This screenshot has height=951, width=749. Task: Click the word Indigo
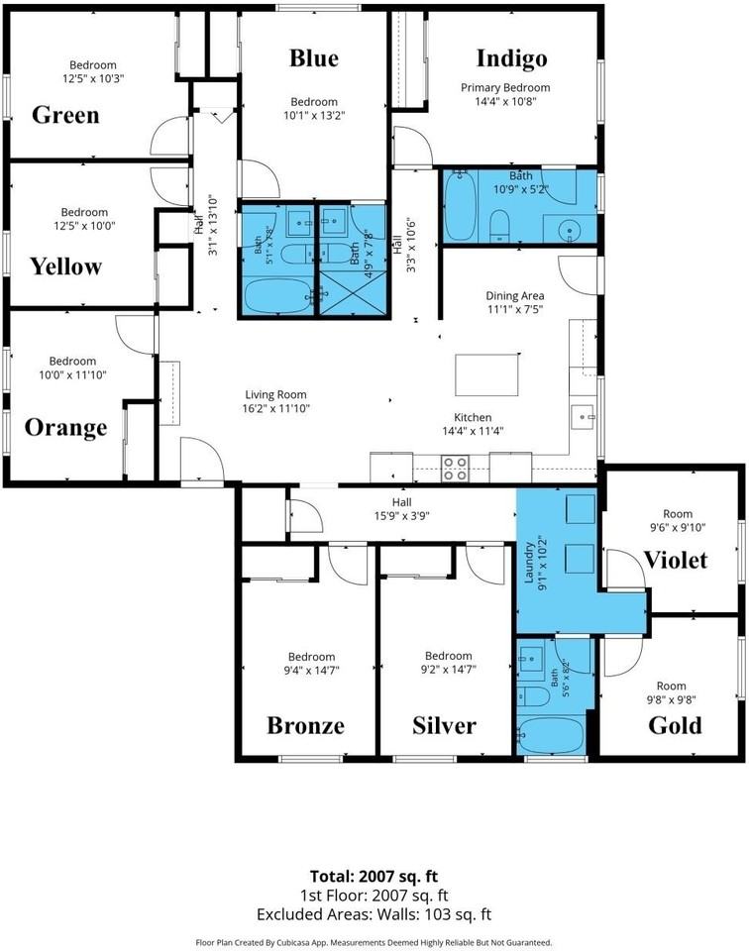pos(512,58)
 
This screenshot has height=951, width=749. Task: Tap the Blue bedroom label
pos(314,58)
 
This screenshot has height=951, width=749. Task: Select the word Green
pos(65,115)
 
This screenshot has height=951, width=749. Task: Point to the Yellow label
pos(66,266)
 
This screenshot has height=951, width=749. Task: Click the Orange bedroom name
pos(66,428)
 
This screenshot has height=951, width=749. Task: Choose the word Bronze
pos(306,725)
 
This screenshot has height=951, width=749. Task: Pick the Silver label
pos(445,725)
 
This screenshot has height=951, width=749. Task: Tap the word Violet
pos(676,560)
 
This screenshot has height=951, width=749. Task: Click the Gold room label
pos(675,725)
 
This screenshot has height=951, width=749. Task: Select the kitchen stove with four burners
pos(455,469)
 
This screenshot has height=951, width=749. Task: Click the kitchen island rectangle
pos(487,373)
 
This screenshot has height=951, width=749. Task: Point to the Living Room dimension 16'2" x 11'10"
pos(276,408)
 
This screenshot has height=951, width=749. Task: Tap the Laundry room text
pos(529,563)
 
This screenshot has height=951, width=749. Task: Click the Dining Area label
pos(515,296)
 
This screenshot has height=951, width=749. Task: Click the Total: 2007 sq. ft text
pos(374,877)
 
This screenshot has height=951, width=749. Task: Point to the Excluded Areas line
pos(374,914)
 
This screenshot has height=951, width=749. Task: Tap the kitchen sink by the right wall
pos(583,417)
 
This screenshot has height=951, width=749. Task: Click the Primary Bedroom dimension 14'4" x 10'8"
pos(505,101)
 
